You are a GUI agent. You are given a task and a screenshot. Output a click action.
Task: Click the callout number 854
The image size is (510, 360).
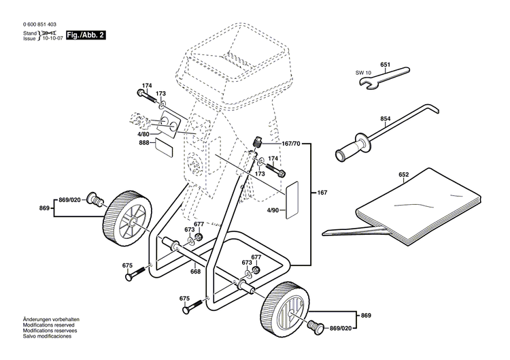(x=385, y=119)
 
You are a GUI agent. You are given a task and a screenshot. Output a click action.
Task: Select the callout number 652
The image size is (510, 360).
(x=403, y=175)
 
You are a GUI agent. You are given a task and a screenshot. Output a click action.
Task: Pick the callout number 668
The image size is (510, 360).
(x=195, y=272)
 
